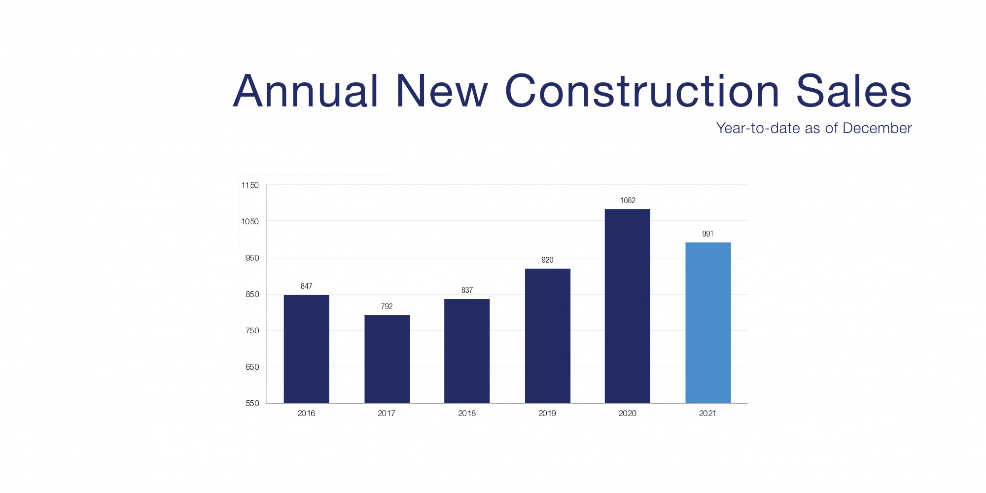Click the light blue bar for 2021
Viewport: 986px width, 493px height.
(x=708, y=322)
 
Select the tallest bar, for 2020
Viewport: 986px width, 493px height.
(x=628, y=306)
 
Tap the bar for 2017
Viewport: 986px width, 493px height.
(x=387, y=359)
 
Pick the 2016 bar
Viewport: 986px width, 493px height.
(x=306, y=349)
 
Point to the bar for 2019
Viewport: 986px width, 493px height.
(x=547, y=336)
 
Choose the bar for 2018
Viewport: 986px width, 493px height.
(x=467, y=351)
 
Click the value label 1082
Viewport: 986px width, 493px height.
(x=628, y=201)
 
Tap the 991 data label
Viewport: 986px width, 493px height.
(x=708, y=234)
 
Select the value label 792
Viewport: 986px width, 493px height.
(x=387, y=307)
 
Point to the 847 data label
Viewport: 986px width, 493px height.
(x=306, y=286)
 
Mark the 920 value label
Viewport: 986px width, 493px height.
(x=547, y=260)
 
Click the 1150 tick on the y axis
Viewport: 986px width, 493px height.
(x=250, y=185)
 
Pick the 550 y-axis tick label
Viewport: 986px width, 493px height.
(x=252, y=403)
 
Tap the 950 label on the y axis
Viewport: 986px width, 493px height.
(x=252, y=258)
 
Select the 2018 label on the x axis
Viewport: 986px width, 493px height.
(x=467, y=414)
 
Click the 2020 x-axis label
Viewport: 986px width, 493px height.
(x=628, y=414)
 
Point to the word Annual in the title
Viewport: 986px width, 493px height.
(x=306, y=91)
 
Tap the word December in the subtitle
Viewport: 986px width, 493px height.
(x=877, y=128)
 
